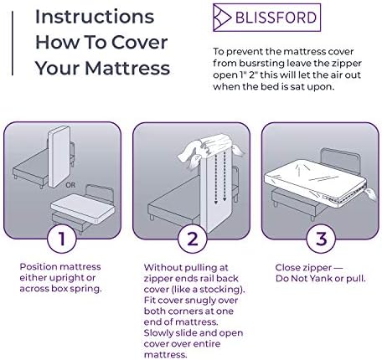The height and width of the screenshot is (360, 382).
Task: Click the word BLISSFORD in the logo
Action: (x=276, y=18)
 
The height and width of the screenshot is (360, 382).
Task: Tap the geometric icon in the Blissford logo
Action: (x=222, y=18)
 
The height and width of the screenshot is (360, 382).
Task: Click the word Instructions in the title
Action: (x=95, y=17)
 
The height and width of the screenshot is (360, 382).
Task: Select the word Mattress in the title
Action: (x=127, y=68)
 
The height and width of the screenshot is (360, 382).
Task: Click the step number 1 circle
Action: (x=61, y=239)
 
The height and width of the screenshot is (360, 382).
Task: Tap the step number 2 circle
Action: (x=193, y=239)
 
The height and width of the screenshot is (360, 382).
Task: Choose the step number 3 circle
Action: (x=321, y=239)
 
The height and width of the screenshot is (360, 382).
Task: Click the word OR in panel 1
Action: (x=70, y=185)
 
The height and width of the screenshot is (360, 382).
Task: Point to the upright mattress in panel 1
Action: (x=59, y=157)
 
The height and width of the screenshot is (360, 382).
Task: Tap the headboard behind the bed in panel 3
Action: (x=341, y=160)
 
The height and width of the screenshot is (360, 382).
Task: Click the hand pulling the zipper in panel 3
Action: (x=371, y=193)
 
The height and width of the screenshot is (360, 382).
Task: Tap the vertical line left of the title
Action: (x=13, y=44)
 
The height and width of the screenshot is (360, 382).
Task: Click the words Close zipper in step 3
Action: (x=303, y=268)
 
